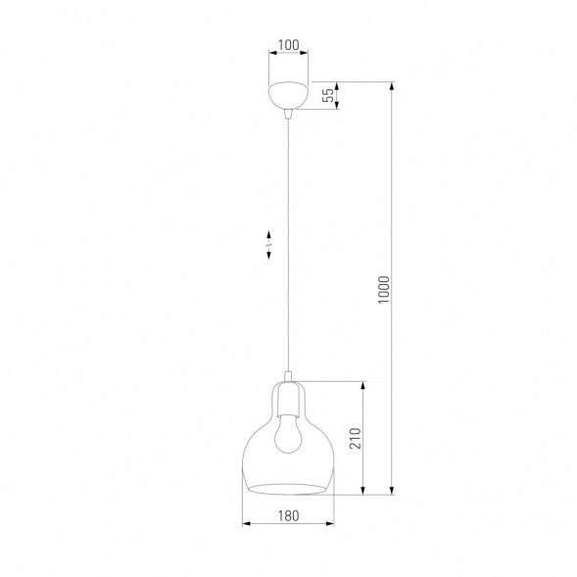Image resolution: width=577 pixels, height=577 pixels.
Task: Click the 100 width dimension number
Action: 287,45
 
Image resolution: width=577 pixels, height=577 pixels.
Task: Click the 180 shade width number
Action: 287,515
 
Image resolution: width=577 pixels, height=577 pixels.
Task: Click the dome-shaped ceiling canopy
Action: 288,97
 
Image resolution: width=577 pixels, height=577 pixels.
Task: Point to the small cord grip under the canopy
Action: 288,116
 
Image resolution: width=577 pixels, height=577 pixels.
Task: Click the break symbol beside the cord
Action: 270,244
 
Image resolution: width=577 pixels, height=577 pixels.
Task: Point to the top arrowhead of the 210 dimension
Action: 364,385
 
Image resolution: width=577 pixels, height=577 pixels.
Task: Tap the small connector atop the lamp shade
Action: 288,376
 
